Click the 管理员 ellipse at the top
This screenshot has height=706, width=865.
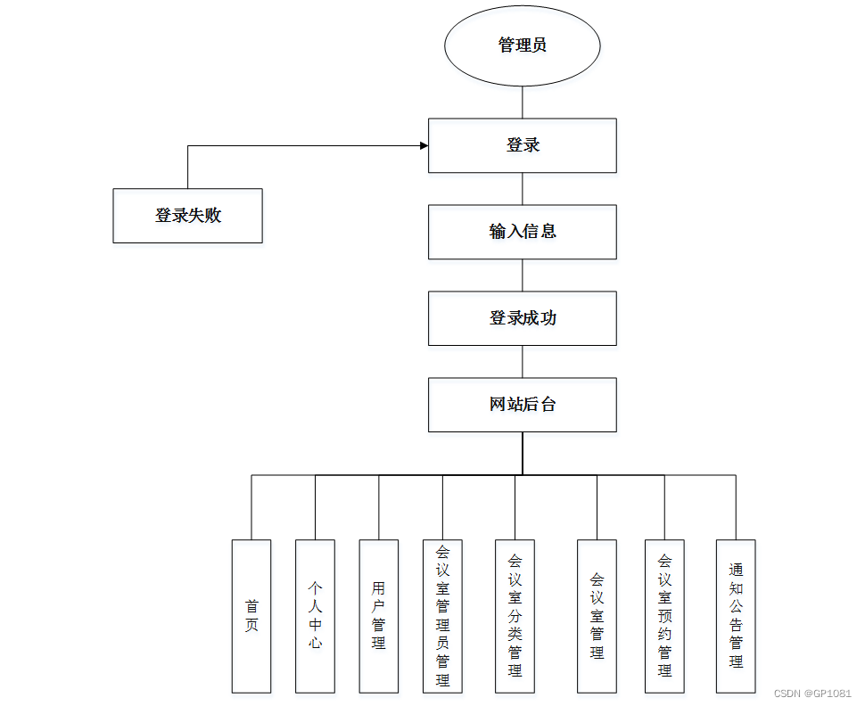pyautogui.click(x=522, y=45)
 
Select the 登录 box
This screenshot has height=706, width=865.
pyautogui.click(x=522, y=145)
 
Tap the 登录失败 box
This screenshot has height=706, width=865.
pyautogui.click(x=187, y=216)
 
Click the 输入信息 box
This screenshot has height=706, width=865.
pyautogui.click(x=522, y=232)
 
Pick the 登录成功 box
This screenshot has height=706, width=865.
pyautogui.click(x=522, y=318)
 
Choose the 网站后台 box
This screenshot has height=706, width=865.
pyautogui.click(x=522, y=405)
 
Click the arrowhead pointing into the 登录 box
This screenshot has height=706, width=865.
pyautogui.click(x=423, y=145)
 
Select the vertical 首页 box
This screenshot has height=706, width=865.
pyautogui.click(x=251, y=616)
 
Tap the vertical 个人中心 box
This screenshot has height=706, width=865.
pyautogui.click(x=315, y=616)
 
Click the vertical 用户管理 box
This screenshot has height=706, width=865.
pyautogui.click(x=378, y=616)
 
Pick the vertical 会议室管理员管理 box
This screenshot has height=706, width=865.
pyautogui.click(x=442, y=616)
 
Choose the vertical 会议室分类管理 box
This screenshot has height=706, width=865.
pyautogui.click(x=515, y=616)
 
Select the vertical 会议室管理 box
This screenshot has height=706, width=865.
pyautogui.click(x=597, y=616)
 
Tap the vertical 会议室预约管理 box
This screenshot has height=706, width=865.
pyautogui.click(x=664, y=616)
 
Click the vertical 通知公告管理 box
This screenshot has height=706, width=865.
pyautogui.click(x=736, y=616)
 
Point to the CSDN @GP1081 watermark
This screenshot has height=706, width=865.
pyautogui.click(x=812, y=693)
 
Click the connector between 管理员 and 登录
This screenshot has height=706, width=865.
pyautogui.click(x=523, y=103)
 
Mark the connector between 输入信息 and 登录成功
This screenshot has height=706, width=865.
pyautogui.click(x=523, y=275)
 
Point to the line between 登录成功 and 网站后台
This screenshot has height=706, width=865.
pyautogui.click(x=523, y=362)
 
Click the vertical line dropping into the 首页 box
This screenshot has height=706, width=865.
pyautogui.click(x=251, y=508)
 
